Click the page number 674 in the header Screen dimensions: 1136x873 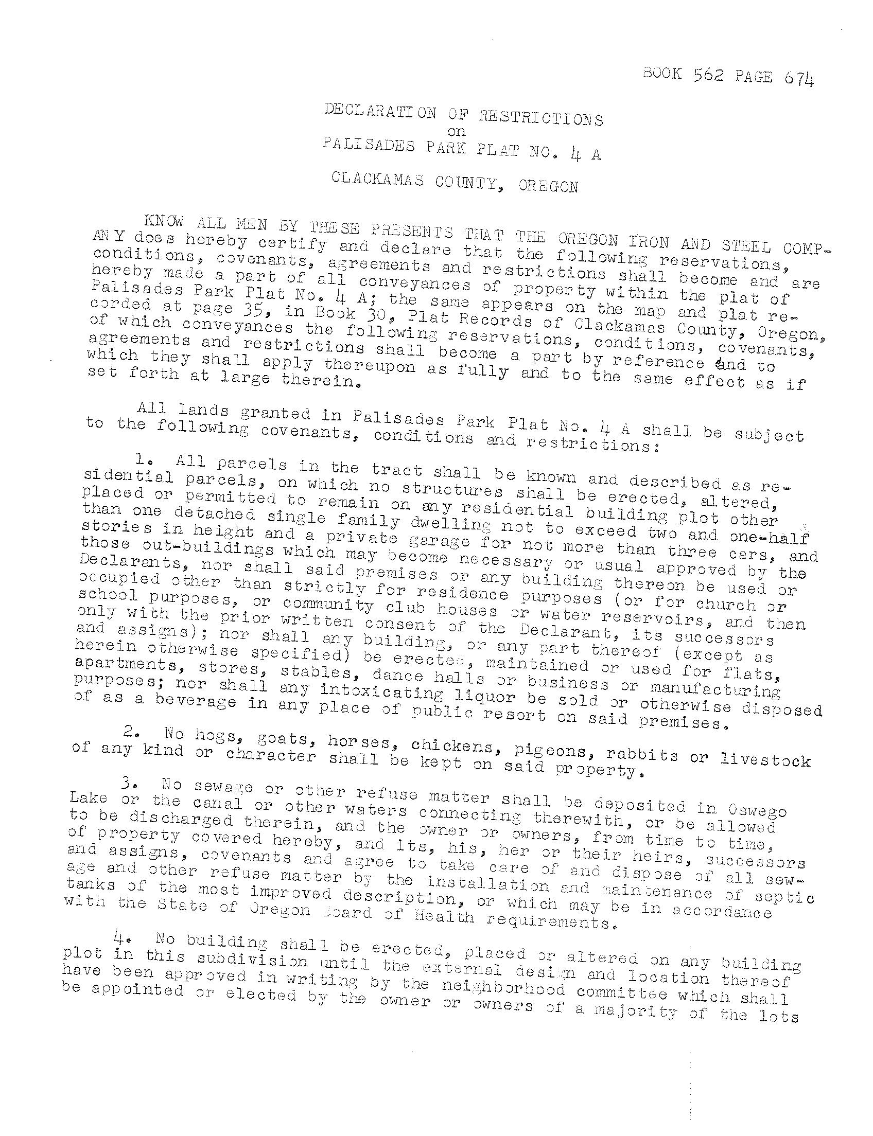(799, 78)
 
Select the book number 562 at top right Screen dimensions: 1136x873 (708, 76)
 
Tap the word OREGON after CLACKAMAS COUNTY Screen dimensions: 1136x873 (548, 186)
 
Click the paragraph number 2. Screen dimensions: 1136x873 (130, 733)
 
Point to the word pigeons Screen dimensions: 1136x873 (551, 750)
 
